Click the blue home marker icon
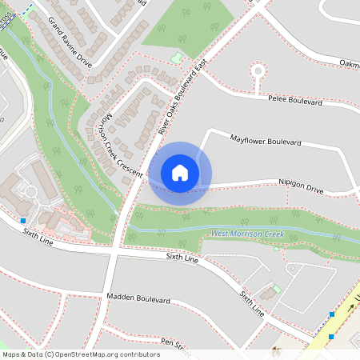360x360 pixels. (x=180, y=173)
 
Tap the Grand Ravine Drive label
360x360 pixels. (x=70, y=42)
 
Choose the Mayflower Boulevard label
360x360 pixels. (x=265, y=141)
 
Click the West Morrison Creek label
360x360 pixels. (x=247, y=234)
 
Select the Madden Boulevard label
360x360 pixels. (x=138, y=298)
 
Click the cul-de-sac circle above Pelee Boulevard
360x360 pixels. (x=258, y=70)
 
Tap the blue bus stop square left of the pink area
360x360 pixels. (x=23, y=220)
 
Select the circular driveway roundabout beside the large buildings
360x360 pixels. (x=30, y=192)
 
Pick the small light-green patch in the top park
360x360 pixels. (x=176, y=58)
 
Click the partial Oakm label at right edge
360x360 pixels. (x=349, y=62)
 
